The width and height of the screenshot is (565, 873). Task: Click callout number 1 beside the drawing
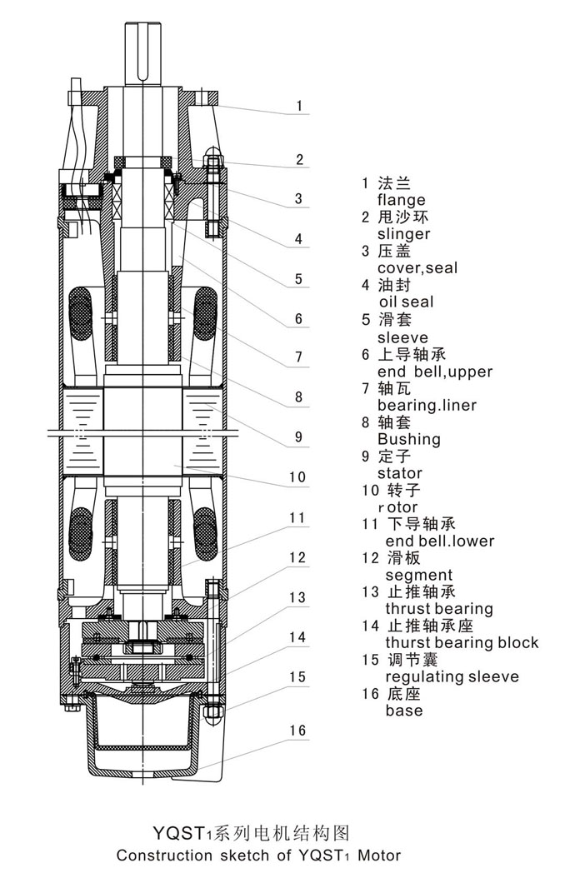(298, 107)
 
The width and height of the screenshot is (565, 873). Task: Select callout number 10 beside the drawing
(297, 478)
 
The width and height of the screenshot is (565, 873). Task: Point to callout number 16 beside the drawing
(297, 730)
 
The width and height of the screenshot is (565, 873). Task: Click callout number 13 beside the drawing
(297, 597)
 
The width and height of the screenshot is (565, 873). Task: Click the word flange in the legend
(401, 200)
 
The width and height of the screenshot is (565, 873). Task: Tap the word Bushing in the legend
(409, 439)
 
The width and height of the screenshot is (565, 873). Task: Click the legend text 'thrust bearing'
(438, 609)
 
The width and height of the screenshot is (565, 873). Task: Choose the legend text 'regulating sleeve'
(452, 676)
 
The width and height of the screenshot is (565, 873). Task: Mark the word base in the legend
(403, 711)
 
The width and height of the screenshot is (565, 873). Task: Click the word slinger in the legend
(403, 234)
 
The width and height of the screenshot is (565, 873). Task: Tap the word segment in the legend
(418, 575)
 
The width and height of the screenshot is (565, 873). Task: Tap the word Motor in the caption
(379, 855)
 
